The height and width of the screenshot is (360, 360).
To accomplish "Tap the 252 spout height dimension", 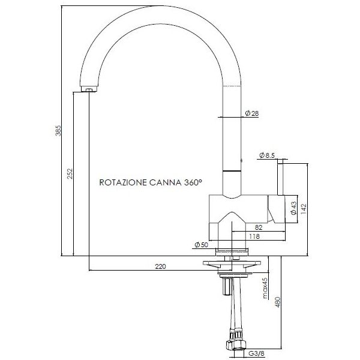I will coord(70,174).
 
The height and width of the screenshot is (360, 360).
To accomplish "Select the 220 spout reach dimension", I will coord(160,266).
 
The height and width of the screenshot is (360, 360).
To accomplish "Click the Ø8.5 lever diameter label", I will coord(267,156).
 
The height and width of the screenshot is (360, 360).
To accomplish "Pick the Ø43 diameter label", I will coord(293,208).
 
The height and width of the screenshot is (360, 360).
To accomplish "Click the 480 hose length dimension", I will coord(277,304).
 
